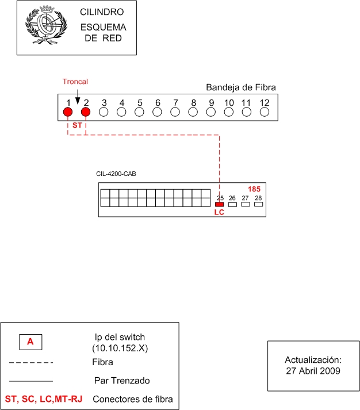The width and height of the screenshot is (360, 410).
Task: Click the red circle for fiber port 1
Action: point(68,112)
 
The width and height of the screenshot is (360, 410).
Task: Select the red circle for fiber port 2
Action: point(86,112)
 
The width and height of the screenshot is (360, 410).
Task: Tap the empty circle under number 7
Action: point(175,112)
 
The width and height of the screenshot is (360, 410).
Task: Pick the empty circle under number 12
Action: point(265,112)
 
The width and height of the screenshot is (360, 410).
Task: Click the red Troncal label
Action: point(75,82)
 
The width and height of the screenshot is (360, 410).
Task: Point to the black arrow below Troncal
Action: point(78,97)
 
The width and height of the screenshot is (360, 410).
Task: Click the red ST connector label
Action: point(77,125)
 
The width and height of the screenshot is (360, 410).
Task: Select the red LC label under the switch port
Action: point(219,212)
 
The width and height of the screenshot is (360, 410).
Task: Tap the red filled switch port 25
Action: point(219,204)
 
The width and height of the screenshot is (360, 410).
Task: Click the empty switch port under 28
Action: point(259,204)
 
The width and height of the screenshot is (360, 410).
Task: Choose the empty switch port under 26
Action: point(232,204)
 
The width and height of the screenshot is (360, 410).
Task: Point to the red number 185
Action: point(254,189)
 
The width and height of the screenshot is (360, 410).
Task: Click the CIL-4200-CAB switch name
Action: point(116,174)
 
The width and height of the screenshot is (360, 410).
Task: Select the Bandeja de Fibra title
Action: point(241,87)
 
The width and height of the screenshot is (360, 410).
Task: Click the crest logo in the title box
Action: point(46,25)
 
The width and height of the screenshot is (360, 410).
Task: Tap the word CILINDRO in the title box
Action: point(102,12)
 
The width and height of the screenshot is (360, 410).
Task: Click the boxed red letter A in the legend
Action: point(30,342)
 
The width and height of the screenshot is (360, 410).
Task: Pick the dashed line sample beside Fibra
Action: point(31,363)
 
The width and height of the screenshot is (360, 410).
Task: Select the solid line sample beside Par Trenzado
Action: point(31,381)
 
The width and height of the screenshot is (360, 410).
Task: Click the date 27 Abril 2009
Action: point(313,371)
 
